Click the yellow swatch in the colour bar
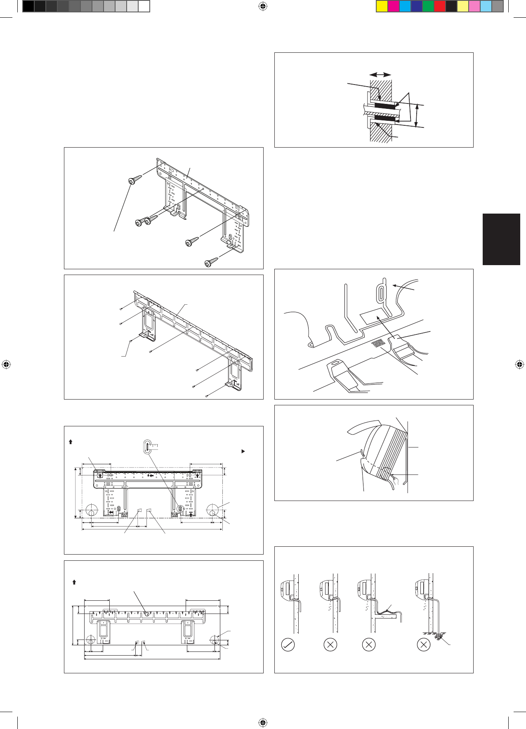click(382, 7)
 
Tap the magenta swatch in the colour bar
click(394, 7)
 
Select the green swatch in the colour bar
click(428, 7)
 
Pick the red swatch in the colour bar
click(440, 7)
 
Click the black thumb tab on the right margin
click(501, 239)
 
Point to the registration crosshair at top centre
click(263, 6)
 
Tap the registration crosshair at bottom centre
click(263, 722)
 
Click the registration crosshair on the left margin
click(6, 364)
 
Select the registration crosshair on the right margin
click(519, 364)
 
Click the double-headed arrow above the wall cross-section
click(380, 75)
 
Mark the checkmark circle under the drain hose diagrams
click(288, 644)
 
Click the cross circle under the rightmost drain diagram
click(424, 644)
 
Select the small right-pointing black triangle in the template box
click(243, 452)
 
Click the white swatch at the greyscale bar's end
click(144, 7)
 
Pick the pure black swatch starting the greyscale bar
click(28, 7)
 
